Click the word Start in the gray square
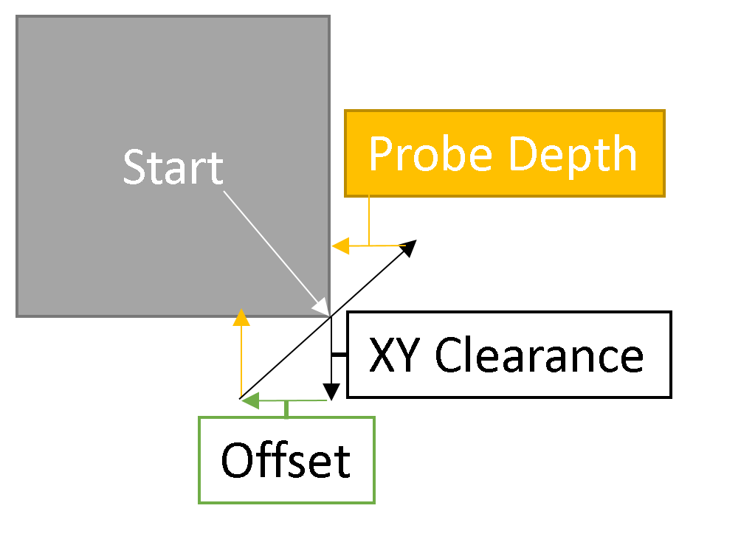173,167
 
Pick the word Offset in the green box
286,462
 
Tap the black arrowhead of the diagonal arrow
408,248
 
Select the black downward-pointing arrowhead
331,392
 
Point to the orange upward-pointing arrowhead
241,318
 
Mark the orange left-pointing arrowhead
340,246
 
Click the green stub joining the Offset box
286,409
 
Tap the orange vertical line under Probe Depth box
369,220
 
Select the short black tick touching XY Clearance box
339,355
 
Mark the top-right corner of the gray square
328,16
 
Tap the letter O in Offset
237,462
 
